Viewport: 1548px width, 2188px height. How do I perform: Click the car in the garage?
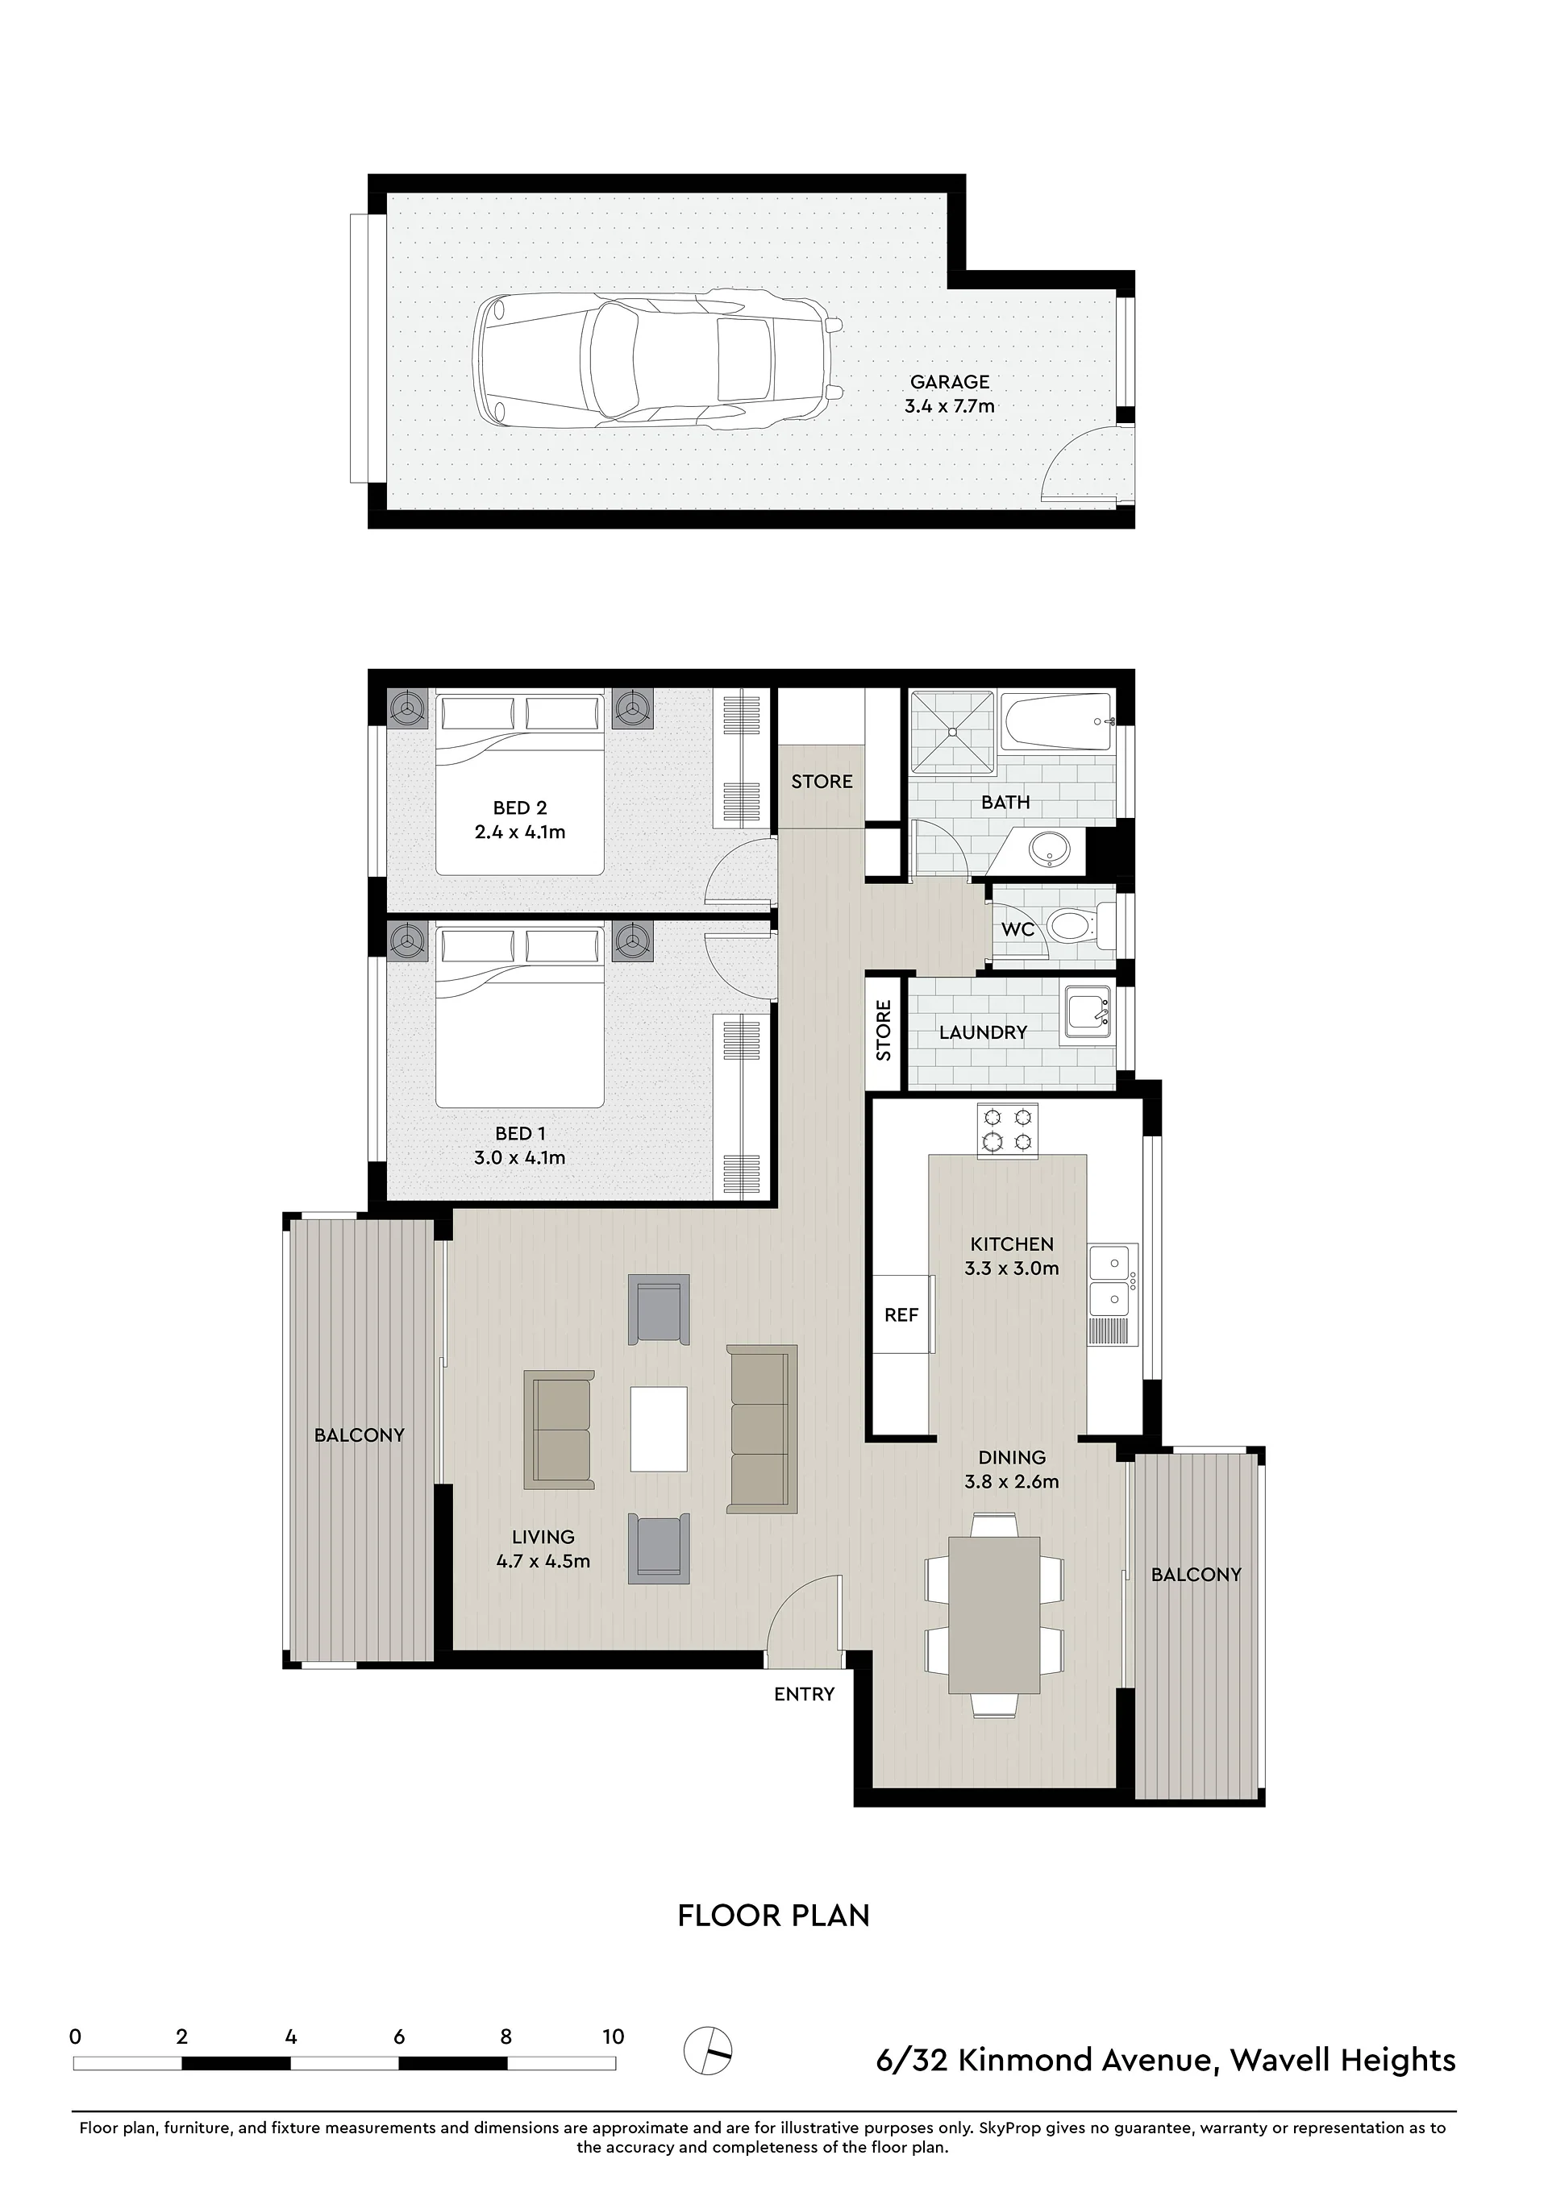click(x=659, y=359)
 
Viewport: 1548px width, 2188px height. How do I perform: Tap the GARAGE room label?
click(x=950, y=382)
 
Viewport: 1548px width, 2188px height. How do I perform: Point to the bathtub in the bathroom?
click(x=1057, y=721)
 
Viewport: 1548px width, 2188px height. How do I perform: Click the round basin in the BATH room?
click(x=1048, y=849)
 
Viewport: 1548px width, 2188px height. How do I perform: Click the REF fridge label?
click(x=901, y=1316)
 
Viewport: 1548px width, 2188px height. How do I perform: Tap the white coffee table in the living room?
click(x=659, y=1430)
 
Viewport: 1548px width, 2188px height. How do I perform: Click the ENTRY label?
click(x=804, y=1694)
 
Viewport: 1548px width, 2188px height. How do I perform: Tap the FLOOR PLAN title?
click(x=773, y=1916)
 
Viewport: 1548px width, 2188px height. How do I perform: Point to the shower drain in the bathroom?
click(x=952, y=732)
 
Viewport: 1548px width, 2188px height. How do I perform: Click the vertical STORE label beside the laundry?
click(x=884, y=1030)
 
